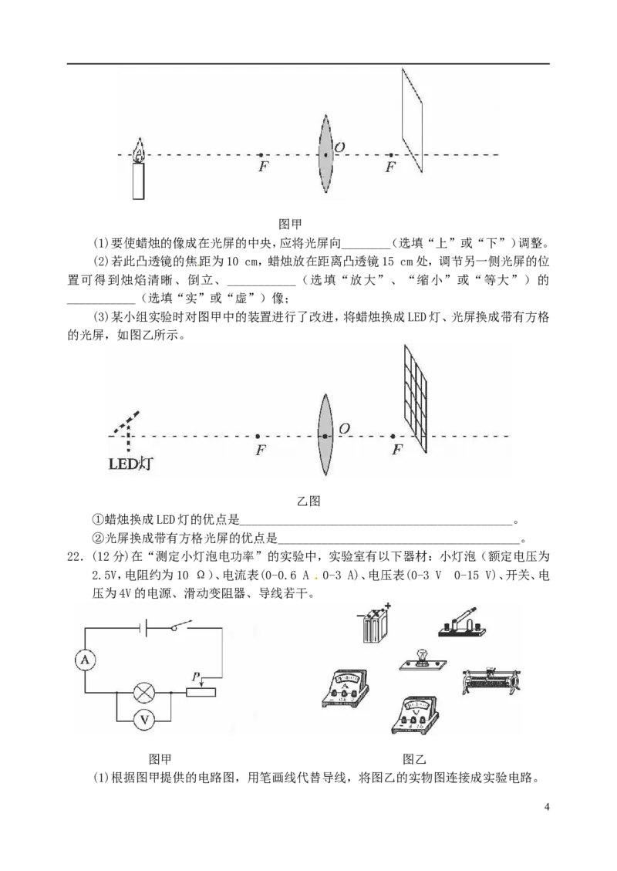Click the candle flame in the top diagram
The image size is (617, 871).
click(139, 150)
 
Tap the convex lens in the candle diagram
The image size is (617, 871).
click(325, 154)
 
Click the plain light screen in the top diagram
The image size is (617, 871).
click(412, 120)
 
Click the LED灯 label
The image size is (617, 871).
click(130, 464)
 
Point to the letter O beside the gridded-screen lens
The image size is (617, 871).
click(344, 429)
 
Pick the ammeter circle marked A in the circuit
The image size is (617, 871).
click(85, 660)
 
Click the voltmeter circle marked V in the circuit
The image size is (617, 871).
click(143, 720)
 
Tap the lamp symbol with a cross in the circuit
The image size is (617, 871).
click(143, 692)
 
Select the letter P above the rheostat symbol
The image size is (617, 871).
click(195, 677)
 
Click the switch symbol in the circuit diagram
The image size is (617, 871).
click(180, 626)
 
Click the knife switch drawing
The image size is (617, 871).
click(462, 622)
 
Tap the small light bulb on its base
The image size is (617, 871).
click(423, 659)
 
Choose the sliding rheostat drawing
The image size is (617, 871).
click(491, 680)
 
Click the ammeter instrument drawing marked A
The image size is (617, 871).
click(345, 687)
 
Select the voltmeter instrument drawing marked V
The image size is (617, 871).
click(416, 714)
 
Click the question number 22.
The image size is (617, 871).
click(74, 556)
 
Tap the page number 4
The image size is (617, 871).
click(547, 806)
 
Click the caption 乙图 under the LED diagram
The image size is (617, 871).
click(308, 501)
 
